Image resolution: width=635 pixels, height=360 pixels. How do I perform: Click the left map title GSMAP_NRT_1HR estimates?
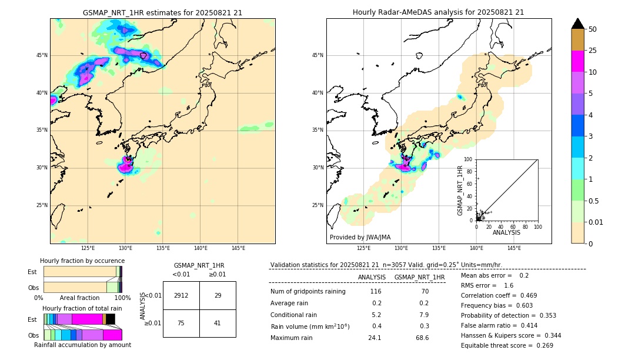pos(162,12)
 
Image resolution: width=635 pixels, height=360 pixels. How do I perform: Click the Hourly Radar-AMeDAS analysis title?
pos(438,12)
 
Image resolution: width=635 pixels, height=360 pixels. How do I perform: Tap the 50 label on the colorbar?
pos(593,29)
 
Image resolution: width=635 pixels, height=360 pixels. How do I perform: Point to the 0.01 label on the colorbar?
pos(596,222)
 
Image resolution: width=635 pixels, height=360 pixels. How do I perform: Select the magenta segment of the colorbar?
pos(577,61)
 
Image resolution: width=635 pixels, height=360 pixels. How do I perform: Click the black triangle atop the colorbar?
pos(577,24)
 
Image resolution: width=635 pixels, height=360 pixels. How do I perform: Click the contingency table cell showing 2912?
pos(181,295)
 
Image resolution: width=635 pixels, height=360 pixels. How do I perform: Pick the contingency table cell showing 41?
pos(218,323)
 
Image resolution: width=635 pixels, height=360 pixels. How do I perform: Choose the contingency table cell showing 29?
pos(218,295)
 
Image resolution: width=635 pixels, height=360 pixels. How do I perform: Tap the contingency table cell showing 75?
pos(181,323)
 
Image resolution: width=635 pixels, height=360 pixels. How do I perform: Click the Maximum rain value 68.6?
pos(422,338)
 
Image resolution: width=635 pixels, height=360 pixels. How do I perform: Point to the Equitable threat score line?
pos(507,345)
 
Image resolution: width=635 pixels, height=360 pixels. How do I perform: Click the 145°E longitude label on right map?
pos(514,248)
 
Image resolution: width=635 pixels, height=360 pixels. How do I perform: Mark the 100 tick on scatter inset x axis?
pos(537,226)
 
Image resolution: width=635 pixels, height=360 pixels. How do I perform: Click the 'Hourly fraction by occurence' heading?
pos(82,261)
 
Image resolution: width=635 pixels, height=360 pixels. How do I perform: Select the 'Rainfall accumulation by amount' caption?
pos(82,345)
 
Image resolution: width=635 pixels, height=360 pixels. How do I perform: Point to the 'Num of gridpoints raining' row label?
pos(308,291)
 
